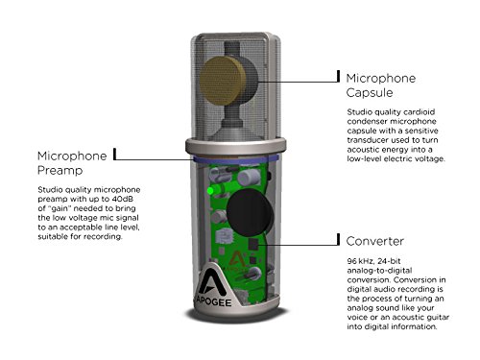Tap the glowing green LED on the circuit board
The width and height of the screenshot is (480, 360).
[x=210, y=191]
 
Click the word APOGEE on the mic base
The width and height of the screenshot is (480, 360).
[x=213, y=301]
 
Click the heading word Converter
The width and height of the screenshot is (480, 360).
[x=374, y=241]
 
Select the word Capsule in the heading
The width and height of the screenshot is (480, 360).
[x=370, y=92]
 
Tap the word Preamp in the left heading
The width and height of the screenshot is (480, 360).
[x=60, y=170]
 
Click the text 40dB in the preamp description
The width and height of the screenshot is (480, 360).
[x=123, y=199]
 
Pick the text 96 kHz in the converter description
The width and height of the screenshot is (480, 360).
[x=361, y=261]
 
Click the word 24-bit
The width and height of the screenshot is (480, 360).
[x=389, y=261]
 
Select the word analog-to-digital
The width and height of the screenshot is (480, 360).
[x=379, y=271]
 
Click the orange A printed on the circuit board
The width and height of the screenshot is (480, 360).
[x=236, y=259]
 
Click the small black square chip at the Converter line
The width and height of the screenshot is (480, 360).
[x=253, y=244]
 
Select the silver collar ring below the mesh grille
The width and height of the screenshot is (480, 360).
[x=236, y=147]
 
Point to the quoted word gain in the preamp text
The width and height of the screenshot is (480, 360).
[x=60, y=208]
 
